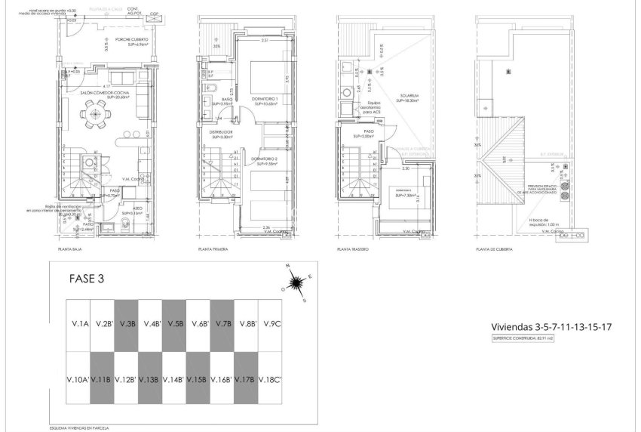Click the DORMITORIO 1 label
point(265,100)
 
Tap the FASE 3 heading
point(87,277)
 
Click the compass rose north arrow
point(296,282)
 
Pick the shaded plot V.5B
point(176,323)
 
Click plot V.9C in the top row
point(271,323)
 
